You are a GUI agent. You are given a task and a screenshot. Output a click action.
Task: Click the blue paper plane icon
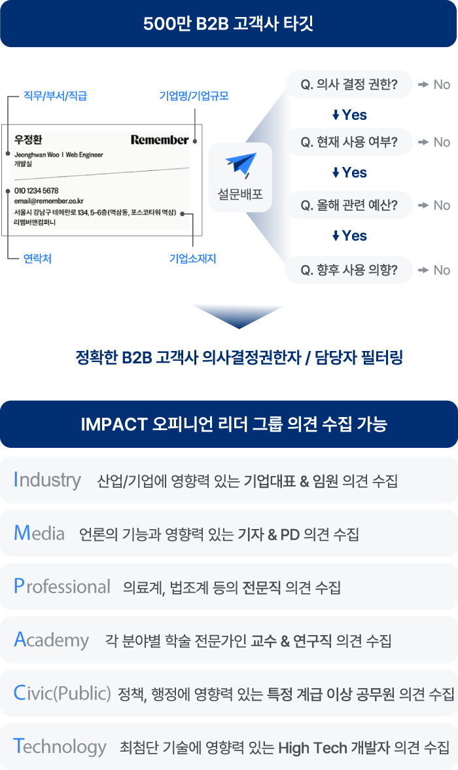[241, 164]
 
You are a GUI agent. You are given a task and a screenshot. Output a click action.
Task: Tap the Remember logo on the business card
[160, 140]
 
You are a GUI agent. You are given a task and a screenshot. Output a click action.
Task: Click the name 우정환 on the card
[28, 139]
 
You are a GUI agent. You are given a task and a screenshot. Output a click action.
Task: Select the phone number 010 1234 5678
[37, 191]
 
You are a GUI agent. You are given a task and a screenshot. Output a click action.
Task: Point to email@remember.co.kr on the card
[49, 201]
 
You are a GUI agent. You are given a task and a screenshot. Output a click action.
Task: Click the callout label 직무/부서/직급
[56, 96]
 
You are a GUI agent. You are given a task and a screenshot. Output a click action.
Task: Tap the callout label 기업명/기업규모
[194, 96]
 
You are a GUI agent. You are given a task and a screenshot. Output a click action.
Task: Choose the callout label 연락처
[37, 258]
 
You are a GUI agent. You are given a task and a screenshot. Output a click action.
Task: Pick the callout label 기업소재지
[192, 258]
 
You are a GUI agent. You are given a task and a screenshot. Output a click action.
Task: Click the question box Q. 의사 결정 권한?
[349, 84]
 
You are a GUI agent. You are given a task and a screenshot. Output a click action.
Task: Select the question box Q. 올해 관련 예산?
[349, 206]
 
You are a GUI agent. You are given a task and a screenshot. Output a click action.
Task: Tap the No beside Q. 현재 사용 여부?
[442, 143]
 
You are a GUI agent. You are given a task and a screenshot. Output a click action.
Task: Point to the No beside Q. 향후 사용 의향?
[442, 270]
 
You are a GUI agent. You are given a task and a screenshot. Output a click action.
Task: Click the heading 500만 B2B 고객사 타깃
[228, 24]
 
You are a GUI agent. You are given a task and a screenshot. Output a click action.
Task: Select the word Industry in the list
[47, 480]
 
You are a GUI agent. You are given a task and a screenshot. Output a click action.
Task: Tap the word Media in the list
[39, 533]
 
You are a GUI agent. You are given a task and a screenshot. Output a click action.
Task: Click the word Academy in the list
[52, 639]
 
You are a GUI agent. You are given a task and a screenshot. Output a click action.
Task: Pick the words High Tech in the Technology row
[313, 748]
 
